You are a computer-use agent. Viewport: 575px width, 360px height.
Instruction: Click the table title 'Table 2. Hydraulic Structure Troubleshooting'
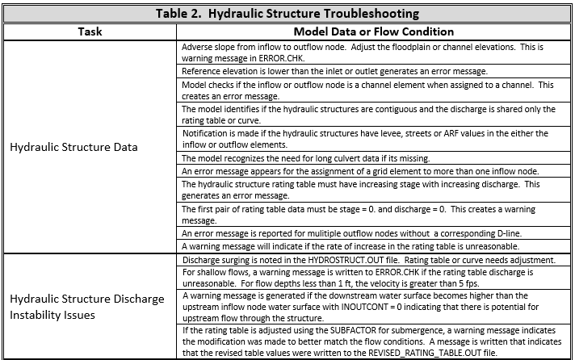(287, 13)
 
